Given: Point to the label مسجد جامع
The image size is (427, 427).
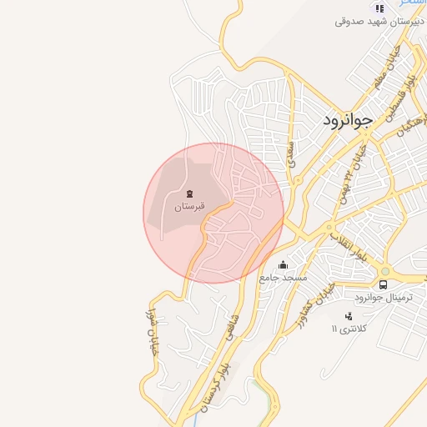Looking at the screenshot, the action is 283,276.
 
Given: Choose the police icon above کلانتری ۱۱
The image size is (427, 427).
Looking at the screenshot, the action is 349,316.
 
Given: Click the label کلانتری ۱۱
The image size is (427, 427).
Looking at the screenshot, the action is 348,329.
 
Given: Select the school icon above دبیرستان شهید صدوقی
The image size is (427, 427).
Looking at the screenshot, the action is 379,8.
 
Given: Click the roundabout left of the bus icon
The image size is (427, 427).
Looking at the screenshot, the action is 384,271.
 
